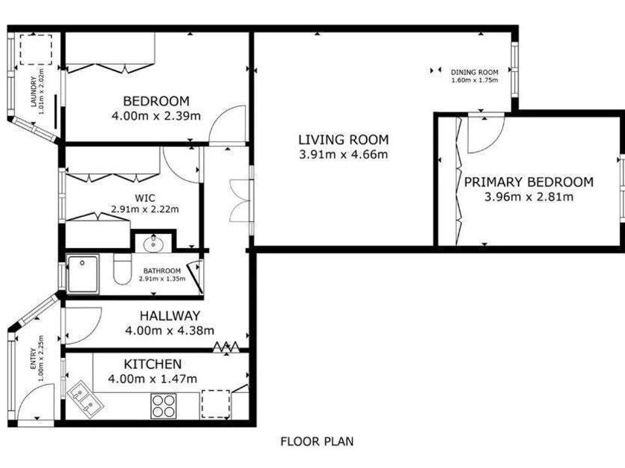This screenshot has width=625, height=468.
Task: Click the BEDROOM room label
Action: pyautogui.click(x=156, y=101)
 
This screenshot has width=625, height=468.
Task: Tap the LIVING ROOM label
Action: pyautogui.click(x=344, y=140)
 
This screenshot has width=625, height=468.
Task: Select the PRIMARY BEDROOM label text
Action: pyautogui.click(x=529, y=182)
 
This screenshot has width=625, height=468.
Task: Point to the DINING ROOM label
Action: pyautogui.click(x=475, y=73)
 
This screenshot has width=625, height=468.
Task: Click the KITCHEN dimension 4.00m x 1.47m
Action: pyautogui.click(x=153, y=378)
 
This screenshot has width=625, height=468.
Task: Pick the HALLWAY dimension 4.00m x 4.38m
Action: pyautogui.click(x=170, y=331)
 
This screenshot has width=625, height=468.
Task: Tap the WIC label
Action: pyautogui.click(x=144, y=198)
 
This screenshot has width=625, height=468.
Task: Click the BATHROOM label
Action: pyautogui.click(x=162, y=270)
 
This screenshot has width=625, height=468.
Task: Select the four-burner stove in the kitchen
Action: pyautogui.click(x=164, y=406)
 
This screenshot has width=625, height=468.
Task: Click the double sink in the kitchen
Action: pyautogui.click(x=85, y=399)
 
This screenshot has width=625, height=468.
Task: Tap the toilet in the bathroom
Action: pyautogui.click(x=122, y=270)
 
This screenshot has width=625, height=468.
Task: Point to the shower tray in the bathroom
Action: pyautogui.click(x=83, y=274)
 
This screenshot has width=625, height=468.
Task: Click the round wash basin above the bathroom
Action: pyautogui.click(x=153, y=244)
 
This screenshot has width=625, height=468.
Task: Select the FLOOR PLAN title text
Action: pyautogui.click(x=317, y=441)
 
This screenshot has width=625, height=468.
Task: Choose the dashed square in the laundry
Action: pyautogui.click(x=36, y=49)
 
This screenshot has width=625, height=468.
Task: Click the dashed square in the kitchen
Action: pyautogui.click(x=216, y=404)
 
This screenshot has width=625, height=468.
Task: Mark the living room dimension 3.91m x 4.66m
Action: pyautogui.click(x=344, y=155)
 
